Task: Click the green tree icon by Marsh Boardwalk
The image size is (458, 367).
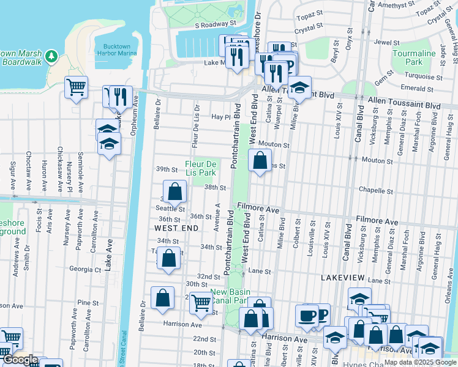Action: pos(52,56)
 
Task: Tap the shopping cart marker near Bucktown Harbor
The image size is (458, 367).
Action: pos(76,87)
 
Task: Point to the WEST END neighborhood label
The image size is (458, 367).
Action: pos(176,228)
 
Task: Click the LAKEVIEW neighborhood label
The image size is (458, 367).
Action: pos(343,278)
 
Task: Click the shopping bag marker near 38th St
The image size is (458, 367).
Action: pos(175,191)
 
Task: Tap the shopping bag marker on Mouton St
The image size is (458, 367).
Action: pos(260,161)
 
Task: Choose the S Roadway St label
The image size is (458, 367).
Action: pos(216,24)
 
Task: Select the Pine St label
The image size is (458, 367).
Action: pos(88,303)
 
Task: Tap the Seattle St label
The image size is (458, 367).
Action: pos(171,209)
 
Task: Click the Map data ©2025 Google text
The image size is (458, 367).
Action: pos(419,362)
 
